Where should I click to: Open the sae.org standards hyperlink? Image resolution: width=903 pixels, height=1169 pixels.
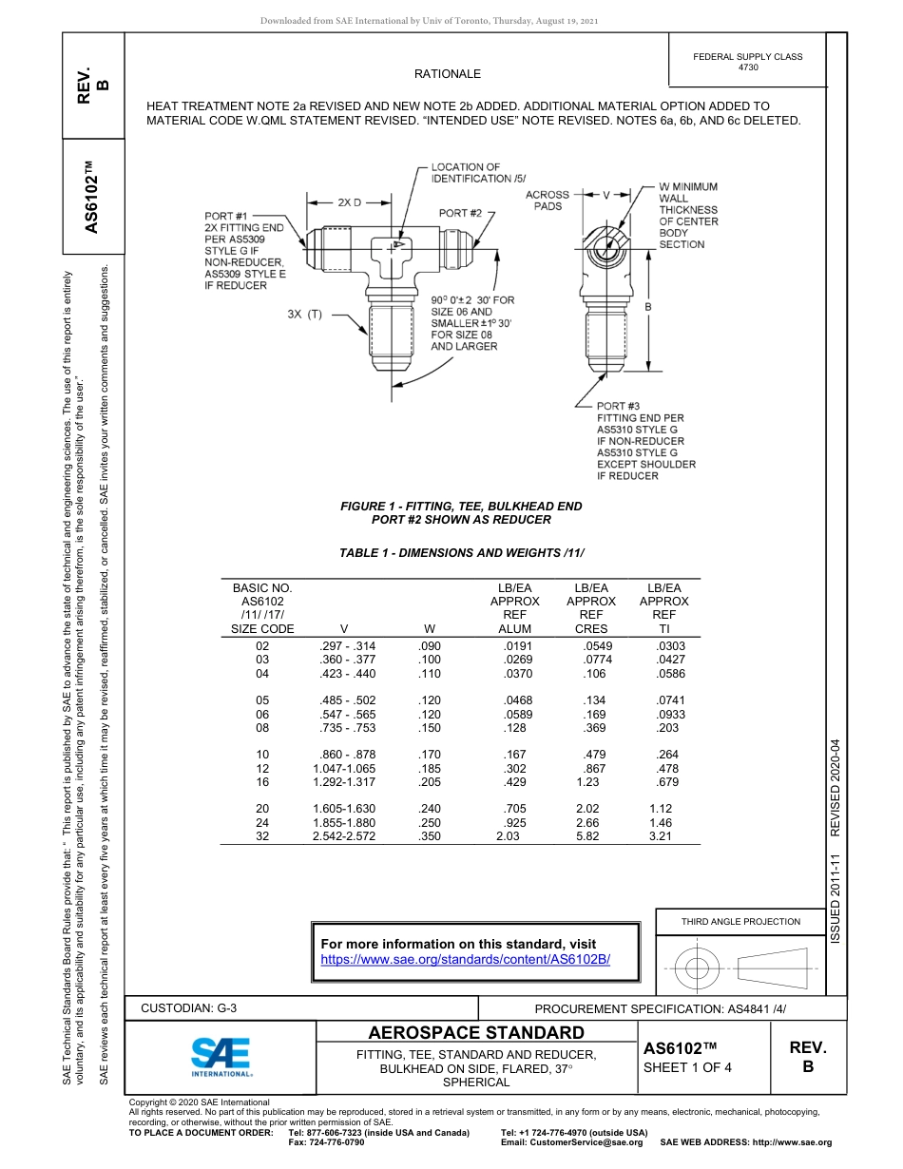(x=465, y=960)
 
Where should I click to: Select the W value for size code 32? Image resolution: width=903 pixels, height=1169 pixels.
(x=430, y=836)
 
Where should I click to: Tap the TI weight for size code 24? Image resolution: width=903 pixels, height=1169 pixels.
(x=660, y=823)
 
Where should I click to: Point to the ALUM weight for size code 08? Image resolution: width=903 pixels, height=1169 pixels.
(x=514, y=728)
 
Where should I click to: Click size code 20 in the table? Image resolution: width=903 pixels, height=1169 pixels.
(x=262, y=809)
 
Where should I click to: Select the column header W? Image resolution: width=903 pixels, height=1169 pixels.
(x=430, y=629)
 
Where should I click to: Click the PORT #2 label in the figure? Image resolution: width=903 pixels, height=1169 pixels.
(x=461, y=213)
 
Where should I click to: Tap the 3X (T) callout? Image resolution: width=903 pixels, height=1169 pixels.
(x=305, y=314)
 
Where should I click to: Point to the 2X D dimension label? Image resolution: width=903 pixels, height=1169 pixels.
(x=349, y=202)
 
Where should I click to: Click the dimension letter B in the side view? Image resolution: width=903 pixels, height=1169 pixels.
(x=648, y=307)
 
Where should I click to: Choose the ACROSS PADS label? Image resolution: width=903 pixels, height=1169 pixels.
(x=548, y=201)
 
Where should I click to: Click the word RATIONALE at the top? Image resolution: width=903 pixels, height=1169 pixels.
(x=448, y=74)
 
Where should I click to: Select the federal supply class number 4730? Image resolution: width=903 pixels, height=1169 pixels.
(x=748, y=68)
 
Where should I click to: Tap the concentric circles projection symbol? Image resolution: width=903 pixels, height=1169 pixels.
(x=698, y=969)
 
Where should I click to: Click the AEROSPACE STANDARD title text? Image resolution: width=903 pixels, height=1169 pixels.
(x=476, y=1033)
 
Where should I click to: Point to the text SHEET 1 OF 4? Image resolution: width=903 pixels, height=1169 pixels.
(x=687, y=1066)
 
